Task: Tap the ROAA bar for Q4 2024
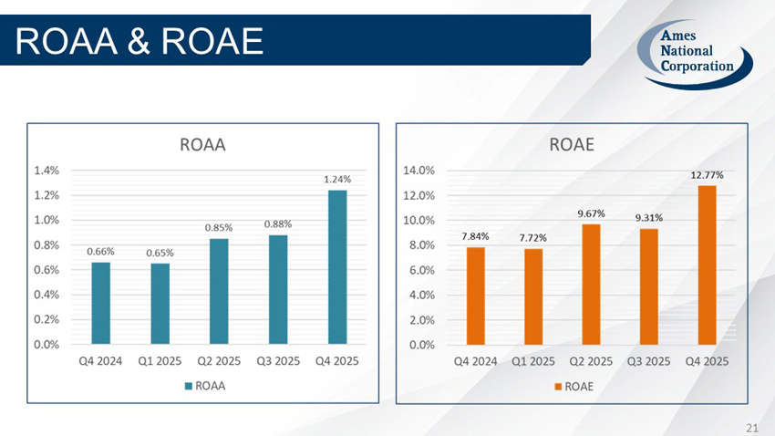pyautogui.click(x=101, y=303)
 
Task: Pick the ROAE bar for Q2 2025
pyautogui.click(x=591, y=284)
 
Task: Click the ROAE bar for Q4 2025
pyautogui.click(x=707, y=265)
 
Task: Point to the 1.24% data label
pyautogui.click(x=337, y=180)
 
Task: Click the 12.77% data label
pyautogui.click(x=707, y=174)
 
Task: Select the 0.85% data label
pyautogui.click(x=219, y=227)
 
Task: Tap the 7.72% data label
pyautogui.click(x=533, y=237)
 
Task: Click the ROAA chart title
pyautogui.click(x=202, y=144)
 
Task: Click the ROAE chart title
pyautogui.click(x=572, y=144)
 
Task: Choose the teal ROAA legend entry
pyautogui.click(x=204, y=386)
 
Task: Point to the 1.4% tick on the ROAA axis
pyautogui.click(x=47, y=170)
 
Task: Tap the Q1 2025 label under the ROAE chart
pyautogui.click(x=533, y=360)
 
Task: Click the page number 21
pyautogui.click(x=752, y=427)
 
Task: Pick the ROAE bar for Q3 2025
pyautogui.click(x=648, y=286)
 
